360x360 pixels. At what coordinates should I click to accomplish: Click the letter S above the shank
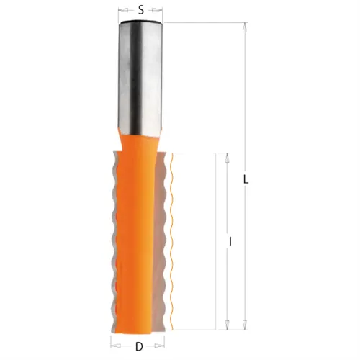click(x=140, y=11)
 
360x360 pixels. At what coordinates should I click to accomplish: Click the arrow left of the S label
click(x=123, y=12)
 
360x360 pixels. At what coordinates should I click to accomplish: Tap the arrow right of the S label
click(x=159, y=12)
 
